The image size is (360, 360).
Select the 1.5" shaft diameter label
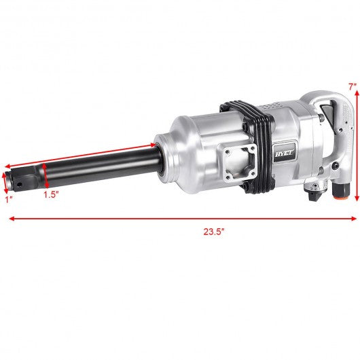pos(51,195)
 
